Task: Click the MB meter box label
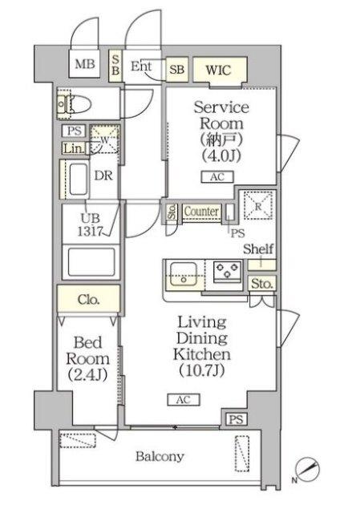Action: tap(85, 64)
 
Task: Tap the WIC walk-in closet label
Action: tap(218, 70)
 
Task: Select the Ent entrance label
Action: tap(141, 66)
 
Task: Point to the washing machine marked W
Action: tap(104, 139)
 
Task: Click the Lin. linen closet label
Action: tap(73, 149)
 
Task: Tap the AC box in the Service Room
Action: tap(217, 177)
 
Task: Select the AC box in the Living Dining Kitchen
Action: tap(184, 399)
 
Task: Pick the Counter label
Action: tap(201, 212)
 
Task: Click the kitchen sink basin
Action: tap(183, 274)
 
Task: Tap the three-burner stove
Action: tap(229, 271)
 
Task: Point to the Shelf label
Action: tap(258, 248)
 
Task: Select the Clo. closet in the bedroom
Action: tap(88, 299)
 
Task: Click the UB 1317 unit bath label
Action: tap(91, 224)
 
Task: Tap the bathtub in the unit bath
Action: tap(91, 262)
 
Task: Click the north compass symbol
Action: tap(307, 470)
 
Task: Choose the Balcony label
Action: tap(160, 456)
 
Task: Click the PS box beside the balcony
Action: tap(237, 419)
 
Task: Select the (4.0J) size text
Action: tap(221, 156)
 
